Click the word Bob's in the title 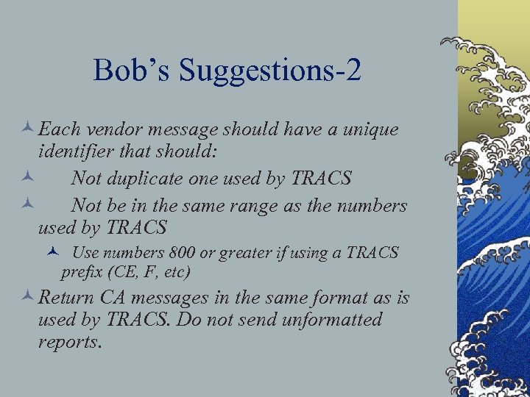click(131, 71)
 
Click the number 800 click(182, 253)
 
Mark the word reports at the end click(69, 343)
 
